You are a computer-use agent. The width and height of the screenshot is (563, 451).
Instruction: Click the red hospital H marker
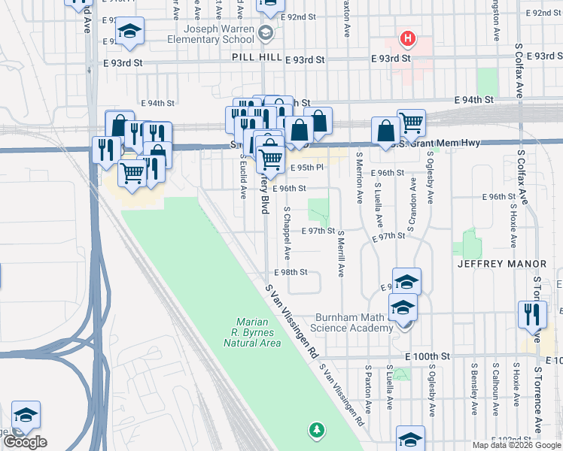point(407,37)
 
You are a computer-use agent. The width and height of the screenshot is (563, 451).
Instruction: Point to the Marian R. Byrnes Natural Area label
point(253,332)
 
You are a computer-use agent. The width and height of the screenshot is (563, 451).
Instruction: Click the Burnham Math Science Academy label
point(355,322)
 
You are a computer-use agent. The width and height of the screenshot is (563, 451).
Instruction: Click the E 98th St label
point(292,272)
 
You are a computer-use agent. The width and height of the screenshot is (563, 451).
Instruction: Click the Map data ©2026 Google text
point(516,445)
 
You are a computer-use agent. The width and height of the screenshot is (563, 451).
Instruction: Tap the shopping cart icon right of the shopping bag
point(411,123)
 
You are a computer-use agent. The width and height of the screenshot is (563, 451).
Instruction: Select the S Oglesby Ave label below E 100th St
point(431,391)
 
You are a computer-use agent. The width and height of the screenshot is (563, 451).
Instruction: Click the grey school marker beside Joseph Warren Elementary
point(265,32)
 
